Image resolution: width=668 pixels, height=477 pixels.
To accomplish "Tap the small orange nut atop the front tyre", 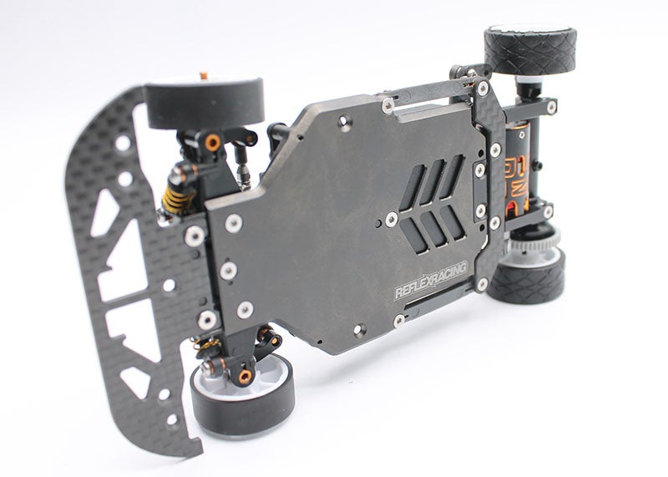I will point(203,76).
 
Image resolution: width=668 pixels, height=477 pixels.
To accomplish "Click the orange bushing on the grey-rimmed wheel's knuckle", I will point(245,378).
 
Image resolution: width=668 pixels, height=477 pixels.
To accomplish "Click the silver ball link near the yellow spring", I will point(242,176).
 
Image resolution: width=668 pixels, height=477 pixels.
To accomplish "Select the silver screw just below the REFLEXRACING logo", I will point(399,319).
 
